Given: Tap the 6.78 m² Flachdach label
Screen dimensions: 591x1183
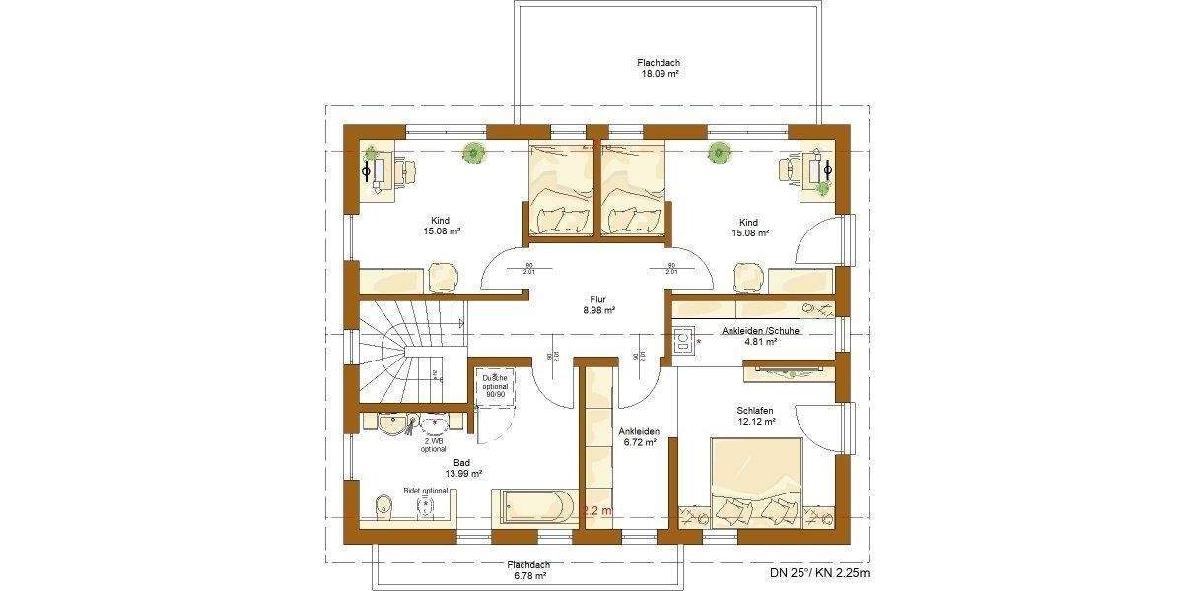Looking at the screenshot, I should pos(527,570).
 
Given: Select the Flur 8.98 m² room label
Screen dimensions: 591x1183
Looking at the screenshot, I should pos(598,304).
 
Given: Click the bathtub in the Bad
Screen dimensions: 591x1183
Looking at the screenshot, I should pos(532,508).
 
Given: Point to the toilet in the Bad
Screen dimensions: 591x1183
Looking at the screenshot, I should pos(385,507).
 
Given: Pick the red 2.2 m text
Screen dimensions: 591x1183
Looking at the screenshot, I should pos(597,511).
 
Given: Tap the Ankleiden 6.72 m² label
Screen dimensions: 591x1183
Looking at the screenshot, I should pos(639,437).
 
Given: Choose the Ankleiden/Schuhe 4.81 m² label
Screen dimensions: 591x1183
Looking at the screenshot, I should pos(760,336).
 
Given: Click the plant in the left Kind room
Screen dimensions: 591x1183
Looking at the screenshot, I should pos(474,153).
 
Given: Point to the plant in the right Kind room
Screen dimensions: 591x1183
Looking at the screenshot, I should pos(719,152).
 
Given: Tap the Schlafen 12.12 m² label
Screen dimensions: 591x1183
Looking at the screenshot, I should pos(755,415).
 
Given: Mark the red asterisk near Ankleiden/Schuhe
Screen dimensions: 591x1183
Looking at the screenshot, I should pos(700,342).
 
